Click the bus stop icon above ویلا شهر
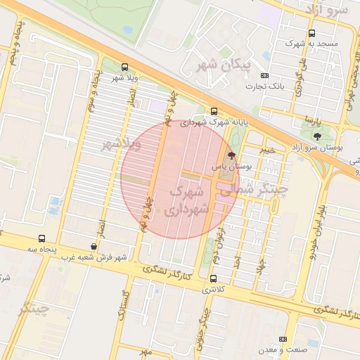[124, 67]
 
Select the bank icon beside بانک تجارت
[264, 76]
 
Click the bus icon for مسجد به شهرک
[312, 33]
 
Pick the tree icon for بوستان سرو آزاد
[316, 136]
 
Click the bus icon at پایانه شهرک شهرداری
[214, 111]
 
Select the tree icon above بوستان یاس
[232, 155]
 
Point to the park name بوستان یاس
[231, 167]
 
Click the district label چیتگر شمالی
[254, 188]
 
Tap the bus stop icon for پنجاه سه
[41, 239]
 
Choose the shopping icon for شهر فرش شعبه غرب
[94, 246]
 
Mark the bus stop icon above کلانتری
[213, 279]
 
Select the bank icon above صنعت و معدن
[284, 339]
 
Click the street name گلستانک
[124, 304]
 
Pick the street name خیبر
[267, 150]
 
